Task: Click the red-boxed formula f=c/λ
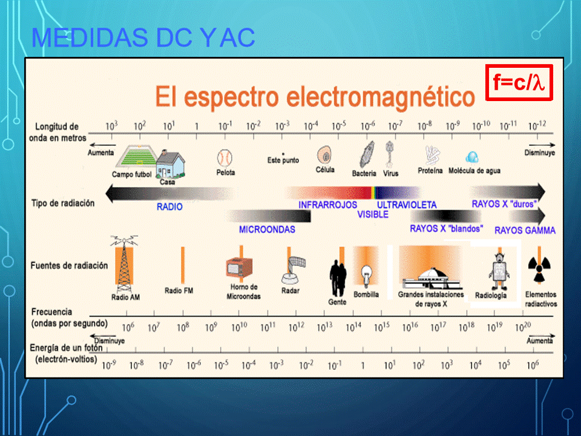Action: [x=519, y=82]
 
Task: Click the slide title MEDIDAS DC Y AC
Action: [x=143, y=38]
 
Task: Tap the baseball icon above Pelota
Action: [x=225, y=158]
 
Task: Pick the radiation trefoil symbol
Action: [x=539, y=269]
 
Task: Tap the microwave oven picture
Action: [x=240, y=267]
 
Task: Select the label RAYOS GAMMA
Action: [x=525, y=231]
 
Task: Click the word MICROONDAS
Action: [x=267, y=230]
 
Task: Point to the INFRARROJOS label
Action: [x=328, y=205]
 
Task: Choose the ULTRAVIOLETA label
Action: [x=407, y=205]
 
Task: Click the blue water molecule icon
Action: [x=472, y=157]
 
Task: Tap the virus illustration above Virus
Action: [x=389, y=154]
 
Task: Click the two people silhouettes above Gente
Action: [x=338, y=278]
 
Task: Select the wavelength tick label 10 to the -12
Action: [x=537, y=126]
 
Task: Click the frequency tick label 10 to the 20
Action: [x=523, y=327]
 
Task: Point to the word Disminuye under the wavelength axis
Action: [x=539, y=153]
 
